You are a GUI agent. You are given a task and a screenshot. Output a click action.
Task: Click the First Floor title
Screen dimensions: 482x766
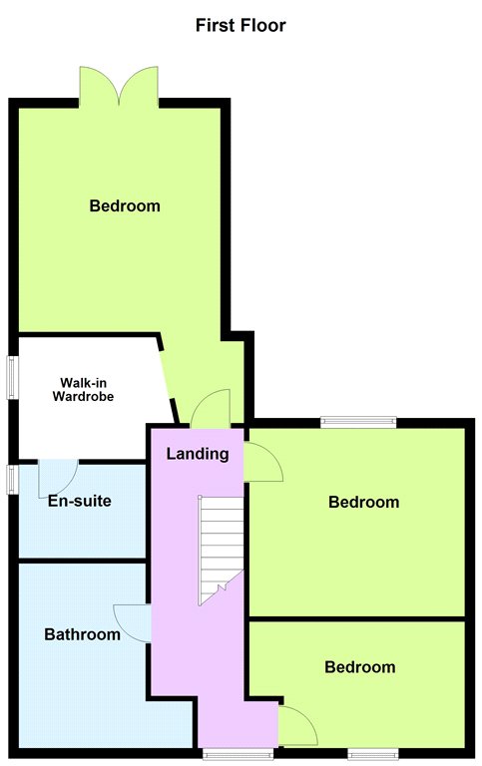click(241, 25)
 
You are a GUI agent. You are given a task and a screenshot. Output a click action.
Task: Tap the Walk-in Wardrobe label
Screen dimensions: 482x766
click(83, 389)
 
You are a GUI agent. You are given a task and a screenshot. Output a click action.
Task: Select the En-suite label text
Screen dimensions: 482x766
click(79, 501)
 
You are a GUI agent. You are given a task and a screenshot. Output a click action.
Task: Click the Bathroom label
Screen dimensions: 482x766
click(82, 634)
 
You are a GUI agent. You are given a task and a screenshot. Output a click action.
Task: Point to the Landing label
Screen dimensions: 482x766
click(198, 454)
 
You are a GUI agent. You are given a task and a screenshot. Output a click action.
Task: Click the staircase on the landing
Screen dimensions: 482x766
click(221, 551)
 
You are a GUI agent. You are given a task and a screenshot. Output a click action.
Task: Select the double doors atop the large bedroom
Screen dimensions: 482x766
click(119, 87)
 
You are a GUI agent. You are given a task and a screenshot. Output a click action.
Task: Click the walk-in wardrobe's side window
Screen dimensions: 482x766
click(12, 378)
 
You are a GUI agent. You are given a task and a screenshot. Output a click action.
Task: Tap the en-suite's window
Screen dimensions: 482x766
click(12, 479)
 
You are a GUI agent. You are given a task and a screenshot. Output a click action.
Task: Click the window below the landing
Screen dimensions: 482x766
click(239, 754)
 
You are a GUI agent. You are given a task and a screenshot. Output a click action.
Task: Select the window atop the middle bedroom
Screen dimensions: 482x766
click(358, 421)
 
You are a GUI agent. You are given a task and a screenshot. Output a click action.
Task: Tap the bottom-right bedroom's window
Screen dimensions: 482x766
click(373, 754)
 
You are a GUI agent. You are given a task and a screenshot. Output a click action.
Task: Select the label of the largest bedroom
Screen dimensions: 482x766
click(125, 205)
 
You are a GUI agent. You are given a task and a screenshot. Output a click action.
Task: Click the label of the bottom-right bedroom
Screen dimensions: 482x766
click(360, 667)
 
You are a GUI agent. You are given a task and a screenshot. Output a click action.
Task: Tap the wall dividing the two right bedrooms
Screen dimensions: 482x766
click(357, 619)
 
